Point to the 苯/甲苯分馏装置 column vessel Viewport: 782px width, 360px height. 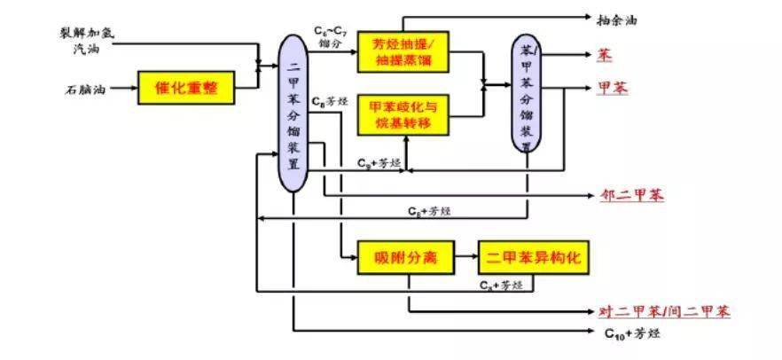[526, 94]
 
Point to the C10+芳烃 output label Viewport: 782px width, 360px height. [631, 333]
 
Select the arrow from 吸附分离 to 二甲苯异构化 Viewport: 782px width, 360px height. [466, 257]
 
